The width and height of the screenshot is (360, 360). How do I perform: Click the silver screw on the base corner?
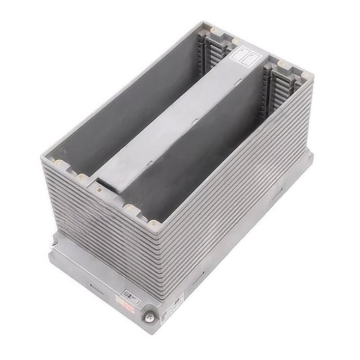(x=147, y=318)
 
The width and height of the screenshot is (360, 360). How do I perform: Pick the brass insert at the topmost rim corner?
(x=214, y=30)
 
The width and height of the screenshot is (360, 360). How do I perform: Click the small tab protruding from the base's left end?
(x=53, y=243)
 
